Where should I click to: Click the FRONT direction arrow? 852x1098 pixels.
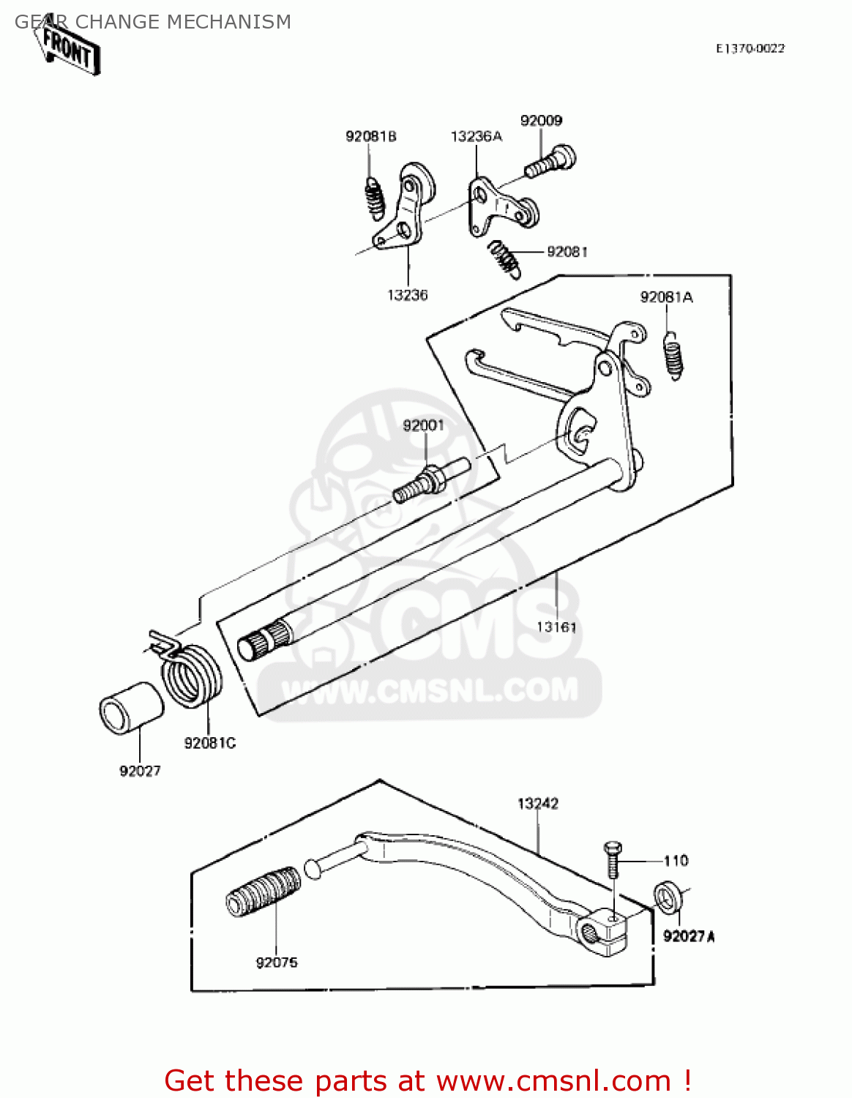tap(68, 50)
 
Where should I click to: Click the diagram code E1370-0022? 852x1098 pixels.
tap(750, 48)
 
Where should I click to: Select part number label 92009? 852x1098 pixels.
tap(541, 121)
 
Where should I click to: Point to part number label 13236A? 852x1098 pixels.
tap(476, 136)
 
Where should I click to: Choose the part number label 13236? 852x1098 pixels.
tap(407, 295)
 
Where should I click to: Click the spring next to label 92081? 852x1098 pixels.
tap(505, 258)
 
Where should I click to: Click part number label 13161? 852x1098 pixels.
tap(556, 627)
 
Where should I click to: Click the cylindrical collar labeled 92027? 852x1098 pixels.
tap(131, 707)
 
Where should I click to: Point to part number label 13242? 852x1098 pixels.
tap(538, 804)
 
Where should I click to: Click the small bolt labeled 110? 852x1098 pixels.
tap(612, 859)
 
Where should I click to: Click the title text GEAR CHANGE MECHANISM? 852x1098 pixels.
tap(153, 22)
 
